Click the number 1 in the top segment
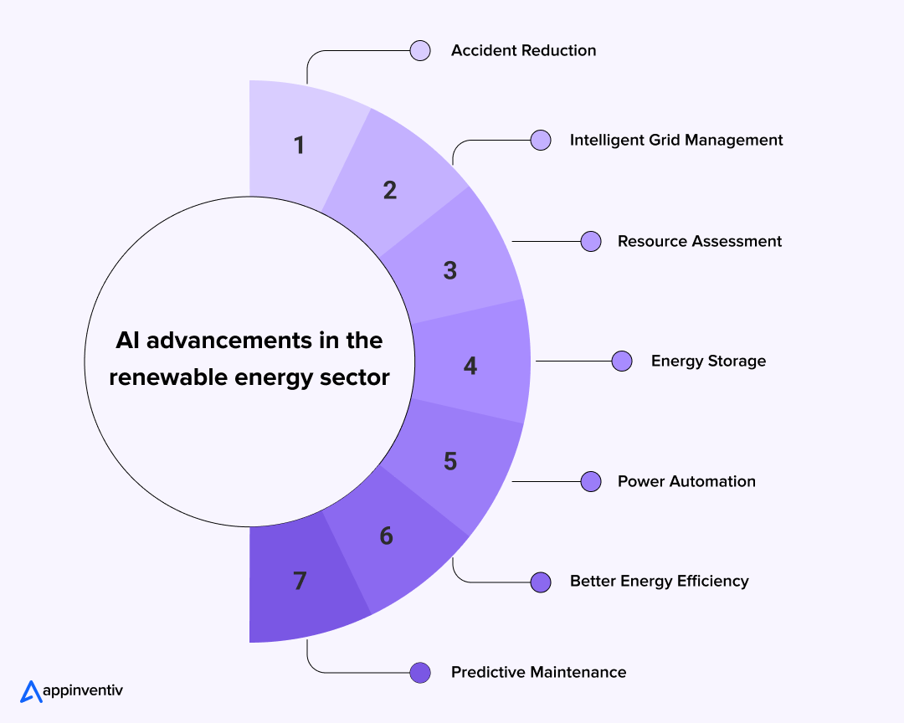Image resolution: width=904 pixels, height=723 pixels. tap(299, 146)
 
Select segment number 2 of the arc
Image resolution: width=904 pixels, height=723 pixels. tap(390, 190)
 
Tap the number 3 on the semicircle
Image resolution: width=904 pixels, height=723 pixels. tap(450, 270)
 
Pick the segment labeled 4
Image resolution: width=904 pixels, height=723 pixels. tap(470, 366)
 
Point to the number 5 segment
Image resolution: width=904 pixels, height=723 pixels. tap(450, 461)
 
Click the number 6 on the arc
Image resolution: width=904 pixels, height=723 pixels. tap(386, 536)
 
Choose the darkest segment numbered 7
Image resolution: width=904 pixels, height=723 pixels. tap(300, 581)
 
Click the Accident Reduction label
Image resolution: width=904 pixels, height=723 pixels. tap(523, 50)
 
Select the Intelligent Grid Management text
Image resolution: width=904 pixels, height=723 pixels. tap(676, 140)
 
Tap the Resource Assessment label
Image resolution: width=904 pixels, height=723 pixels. tap(699, 241)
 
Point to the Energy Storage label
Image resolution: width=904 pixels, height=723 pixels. tap(708, 361)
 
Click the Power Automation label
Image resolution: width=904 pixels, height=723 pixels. tap(686, 481)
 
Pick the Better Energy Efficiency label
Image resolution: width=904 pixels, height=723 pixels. tap(659, 581)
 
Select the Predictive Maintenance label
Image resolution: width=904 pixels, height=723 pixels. tap(538, 672)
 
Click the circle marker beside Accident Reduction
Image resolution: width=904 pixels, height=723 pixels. tap(420, 50)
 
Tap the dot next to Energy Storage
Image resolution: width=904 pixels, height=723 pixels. tap(622, 361)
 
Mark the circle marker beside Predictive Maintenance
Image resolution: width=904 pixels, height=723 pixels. tap(420, 672)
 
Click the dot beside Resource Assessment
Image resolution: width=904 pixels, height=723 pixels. tap(592, 241)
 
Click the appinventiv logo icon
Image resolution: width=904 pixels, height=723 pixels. tap(31, 691)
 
